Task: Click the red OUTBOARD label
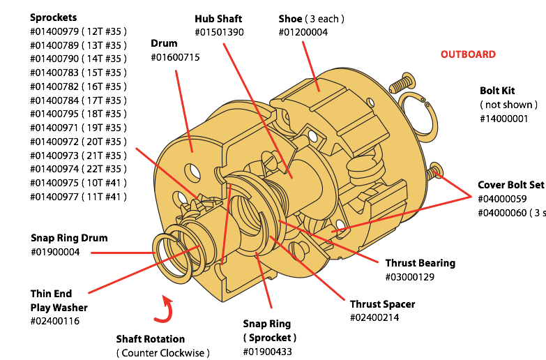point(468,54)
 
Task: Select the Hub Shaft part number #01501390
point(219,33)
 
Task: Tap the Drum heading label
point(164,43)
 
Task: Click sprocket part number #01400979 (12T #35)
point(78,31)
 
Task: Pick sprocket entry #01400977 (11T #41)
point(78,197)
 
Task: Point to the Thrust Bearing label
point(420,263)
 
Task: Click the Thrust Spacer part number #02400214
point(375,317)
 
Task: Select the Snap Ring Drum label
point(69,238)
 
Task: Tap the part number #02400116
point(55,321)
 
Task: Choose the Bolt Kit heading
point(497,91)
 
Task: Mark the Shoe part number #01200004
point(303,33)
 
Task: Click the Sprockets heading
point(54,17)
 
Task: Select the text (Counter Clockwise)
point(162,352)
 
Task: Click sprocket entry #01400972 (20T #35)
point(78,142)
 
